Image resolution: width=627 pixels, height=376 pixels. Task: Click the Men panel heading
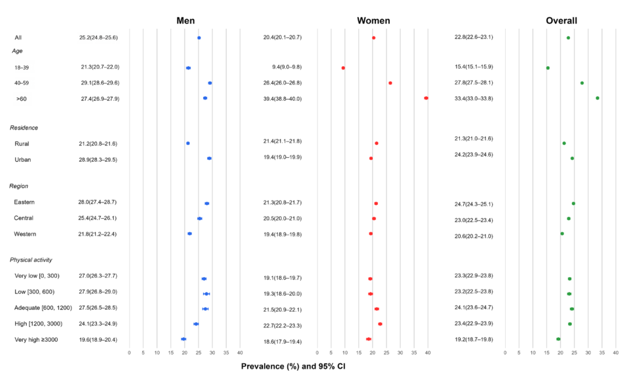pyautogui.click(x=189, y=21)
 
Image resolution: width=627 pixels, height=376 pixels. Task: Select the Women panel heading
pyautogui.click(x=373, y=21)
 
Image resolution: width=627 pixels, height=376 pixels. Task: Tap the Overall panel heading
pyautogui.click(x=561, y=21)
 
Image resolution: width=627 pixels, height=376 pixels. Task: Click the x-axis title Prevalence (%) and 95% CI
pyautogui.click(x=293, y=366)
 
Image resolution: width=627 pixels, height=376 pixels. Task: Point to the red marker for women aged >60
pyautogui.click(x=426, y=98)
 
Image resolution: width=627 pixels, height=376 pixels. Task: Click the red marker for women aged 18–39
pyautogui.click(x=343, y=68)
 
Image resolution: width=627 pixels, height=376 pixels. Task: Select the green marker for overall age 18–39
pyautogui.click(x=547, y=68)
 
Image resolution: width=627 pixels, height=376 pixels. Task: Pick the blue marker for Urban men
pyautogui.click(x=209, y=158)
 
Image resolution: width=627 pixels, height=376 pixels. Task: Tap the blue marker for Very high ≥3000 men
pyautogui.click(x=183, y=339)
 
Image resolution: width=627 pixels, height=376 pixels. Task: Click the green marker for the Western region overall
pyautogui.click(x=562, y=234)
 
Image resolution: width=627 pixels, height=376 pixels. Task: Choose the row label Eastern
pyautogui.click(x=25, y=202)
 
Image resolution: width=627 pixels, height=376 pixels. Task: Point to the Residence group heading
pyautogui.click(x=24, y=128)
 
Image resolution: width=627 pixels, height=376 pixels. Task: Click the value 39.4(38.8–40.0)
pyautogui.click(x=282, y=99)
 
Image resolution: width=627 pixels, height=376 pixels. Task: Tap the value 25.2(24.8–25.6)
pyautogui.click(x=99, y=38)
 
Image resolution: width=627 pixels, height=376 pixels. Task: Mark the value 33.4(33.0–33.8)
pyautogui.click(x=474, y=99)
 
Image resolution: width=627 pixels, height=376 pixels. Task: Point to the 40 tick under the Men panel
pyautogui.click(x=240, y=352)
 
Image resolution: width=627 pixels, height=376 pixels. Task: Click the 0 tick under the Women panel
pyautogui.click(x=318, y=352)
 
